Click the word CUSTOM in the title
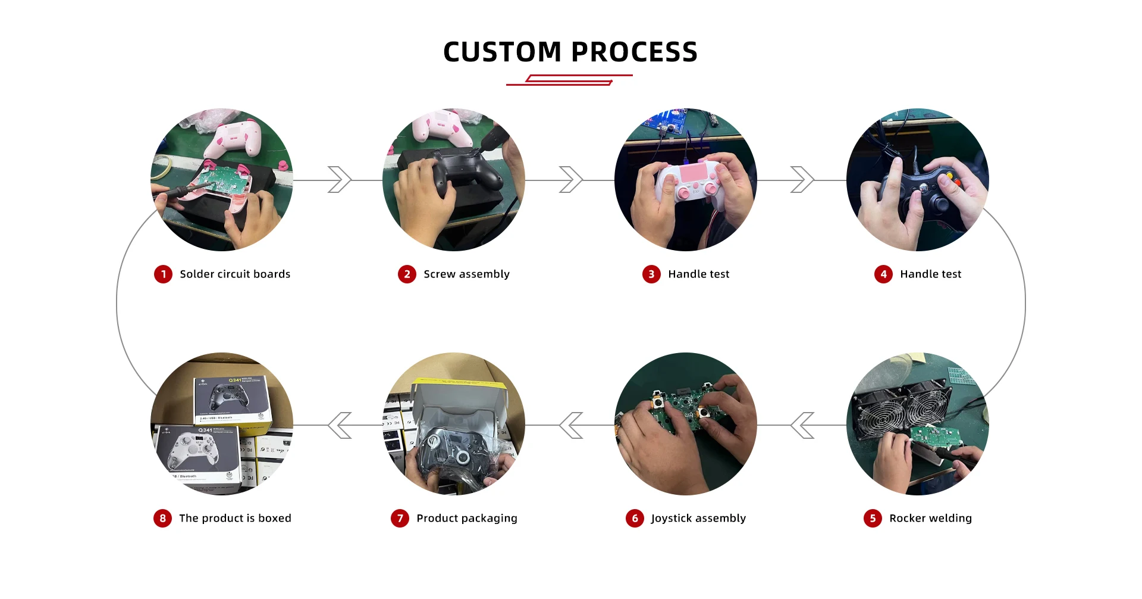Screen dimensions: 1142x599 coord(502,52)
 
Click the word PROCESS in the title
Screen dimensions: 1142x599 coord(635,52)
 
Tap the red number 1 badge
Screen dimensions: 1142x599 coord(163,274)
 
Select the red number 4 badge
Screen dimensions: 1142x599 coord(883,274)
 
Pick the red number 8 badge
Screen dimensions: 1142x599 coord(162,518)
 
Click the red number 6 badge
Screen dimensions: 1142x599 coord(635,518)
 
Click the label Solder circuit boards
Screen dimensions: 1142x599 coord(235,274)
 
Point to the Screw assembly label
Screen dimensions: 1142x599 coord(466,274)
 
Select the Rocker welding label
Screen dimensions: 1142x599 coord(930,518)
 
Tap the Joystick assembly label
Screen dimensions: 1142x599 coord(698,518)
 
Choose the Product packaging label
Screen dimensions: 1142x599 coord(467,518)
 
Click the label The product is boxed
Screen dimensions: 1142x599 coord(235,518)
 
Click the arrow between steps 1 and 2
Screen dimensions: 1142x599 coord(340,180)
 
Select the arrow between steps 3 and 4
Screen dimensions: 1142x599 coord(802,180)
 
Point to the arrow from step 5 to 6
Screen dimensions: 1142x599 coord(802,425)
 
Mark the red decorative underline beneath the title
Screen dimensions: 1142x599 coord(569,80)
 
